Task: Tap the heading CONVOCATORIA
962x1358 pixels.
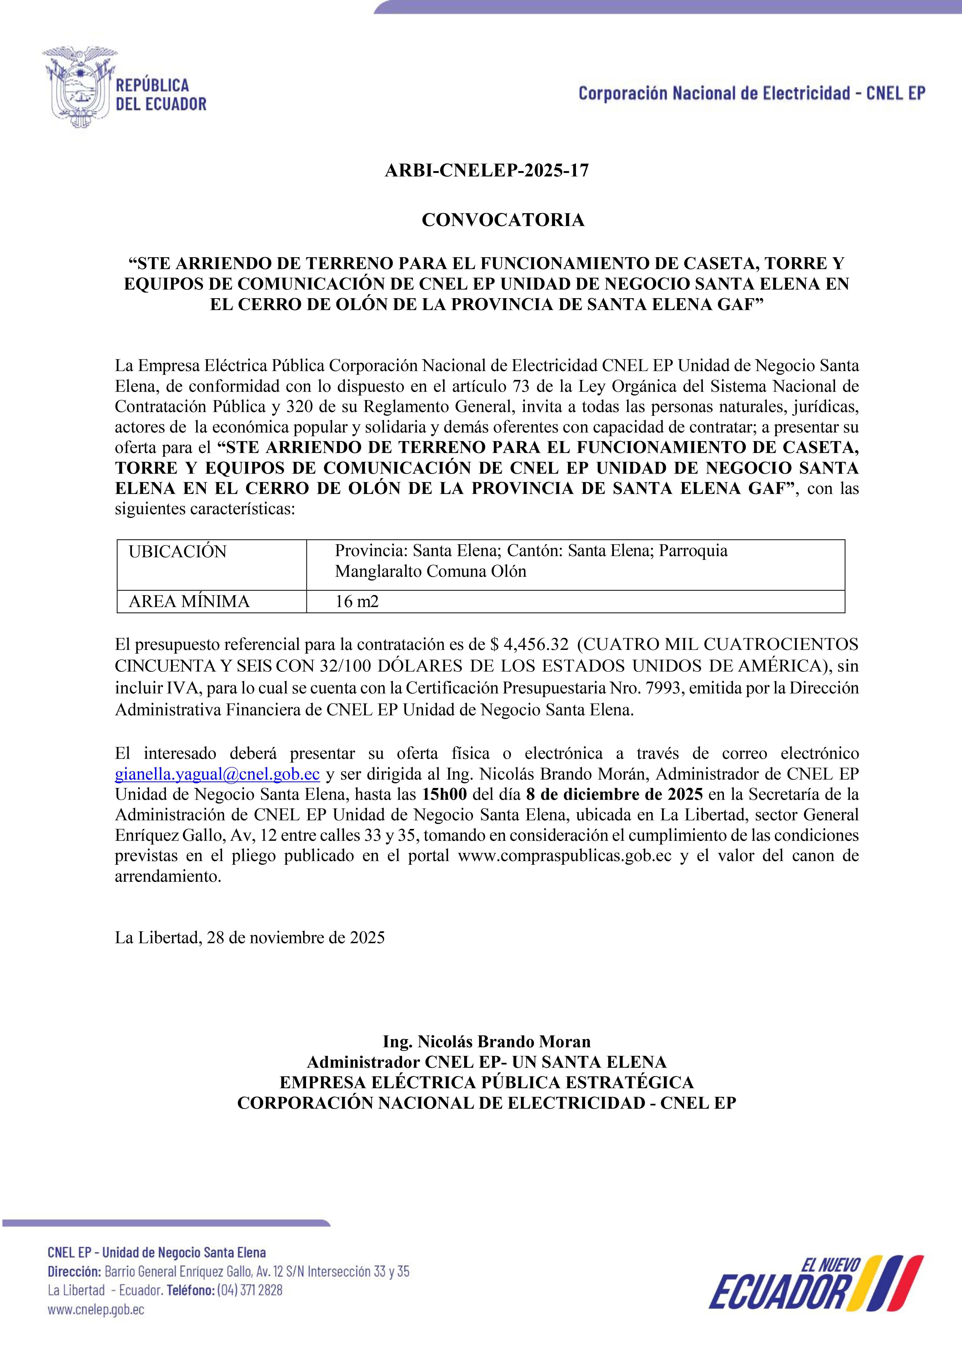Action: [x=503, y=220]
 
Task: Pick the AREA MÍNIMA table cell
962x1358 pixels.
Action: [x=212, y=601]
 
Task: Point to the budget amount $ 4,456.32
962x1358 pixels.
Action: [x=530, y=644]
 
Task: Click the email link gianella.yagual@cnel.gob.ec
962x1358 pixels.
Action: [x=217, y=774]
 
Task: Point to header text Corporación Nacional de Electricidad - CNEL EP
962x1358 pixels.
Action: [x=751, y=93]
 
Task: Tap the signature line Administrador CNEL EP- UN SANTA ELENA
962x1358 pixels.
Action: [x=486, y=1062]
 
